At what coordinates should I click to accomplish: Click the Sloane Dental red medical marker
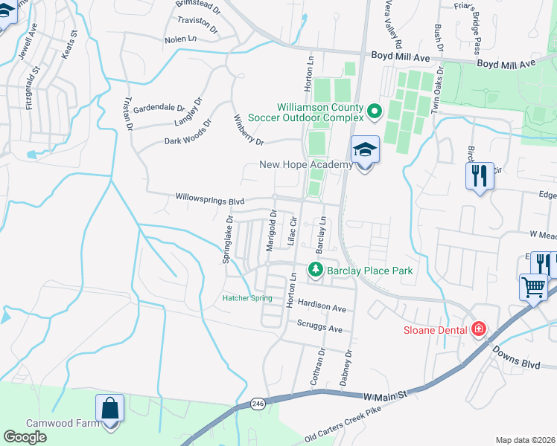pyautogui.click(x=477, y=328)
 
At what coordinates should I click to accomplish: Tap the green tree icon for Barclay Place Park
pyautogui.click(x=316, y=270)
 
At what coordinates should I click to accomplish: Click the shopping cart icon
pyautogui.click(x=533, y=287)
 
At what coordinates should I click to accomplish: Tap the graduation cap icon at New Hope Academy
pyautogui.click(x=365, y=151)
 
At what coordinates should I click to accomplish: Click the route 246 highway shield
pyautogui.click(x=258, y=403)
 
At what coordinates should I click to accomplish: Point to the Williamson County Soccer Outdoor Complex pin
pyautogui.click(x=374, y=112)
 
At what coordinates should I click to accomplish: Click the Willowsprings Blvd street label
pyautogui.click(x=210, y=198)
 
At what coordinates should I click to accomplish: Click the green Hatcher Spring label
pyautogui.click(x=247, y=299)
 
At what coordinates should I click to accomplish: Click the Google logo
pyautogui.click(x=25, y=437)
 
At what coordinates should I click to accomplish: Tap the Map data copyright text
pyautogui.click(x=525, y=440)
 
